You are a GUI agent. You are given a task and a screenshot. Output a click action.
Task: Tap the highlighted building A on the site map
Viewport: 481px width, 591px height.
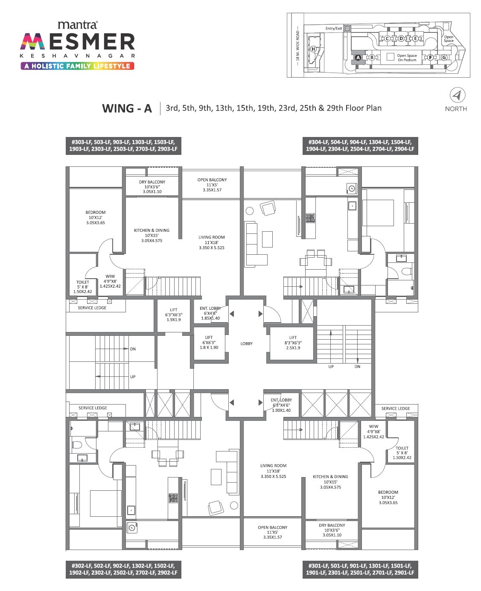[358, 57]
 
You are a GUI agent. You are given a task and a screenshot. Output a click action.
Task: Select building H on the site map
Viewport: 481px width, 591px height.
[314, 49]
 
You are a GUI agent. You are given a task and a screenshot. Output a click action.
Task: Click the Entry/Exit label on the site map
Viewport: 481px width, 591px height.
[333, 29]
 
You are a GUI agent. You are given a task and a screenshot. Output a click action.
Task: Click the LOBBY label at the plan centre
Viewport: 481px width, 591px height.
[246, 344]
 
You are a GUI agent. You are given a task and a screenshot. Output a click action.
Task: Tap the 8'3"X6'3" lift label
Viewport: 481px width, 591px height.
[293, 342]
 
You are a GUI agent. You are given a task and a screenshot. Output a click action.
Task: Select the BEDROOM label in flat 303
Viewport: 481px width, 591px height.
[95, 213]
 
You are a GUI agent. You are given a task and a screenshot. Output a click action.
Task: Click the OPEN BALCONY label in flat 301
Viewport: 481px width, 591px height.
[272, 527]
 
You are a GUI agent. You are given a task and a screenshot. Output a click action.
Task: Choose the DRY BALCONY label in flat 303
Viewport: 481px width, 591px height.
[152, 182]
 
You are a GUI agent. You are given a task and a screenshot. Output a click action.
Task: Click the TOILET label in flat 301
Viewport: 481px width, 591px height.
[402, 448]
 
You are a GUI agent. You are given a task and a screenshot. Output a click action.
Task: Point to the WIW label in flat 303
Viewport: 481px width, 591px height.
[110, 277]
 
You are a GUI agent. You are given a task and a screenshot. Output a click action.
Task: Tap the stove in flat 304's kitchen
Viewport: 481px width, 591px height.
[310, 218]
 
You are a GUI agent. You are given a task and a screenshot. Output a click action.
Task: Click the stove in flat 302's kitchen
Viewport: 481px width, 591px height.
[173, 498]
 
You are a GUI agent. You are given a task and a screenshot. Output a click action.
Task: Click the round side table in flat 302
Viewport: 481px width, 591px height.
[234, 506]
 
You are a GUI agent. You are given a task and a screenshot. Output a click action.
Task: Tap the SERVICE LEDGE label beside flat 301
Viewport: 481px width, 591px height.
[395, 408]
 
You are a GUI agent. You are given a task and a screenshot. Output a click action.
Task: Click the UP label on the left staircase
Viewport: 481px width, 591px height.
[133, 377]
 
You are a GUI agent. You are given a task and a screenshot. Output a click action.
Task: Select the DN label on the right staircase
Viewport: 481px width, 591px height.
[357, 367]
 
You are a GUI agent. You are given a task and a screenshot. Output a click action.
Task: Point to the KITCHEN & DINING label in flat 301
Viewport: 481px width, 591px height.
[330, 477]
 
